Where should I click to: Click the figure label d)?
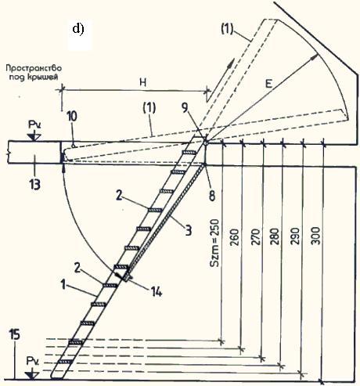tap(78, 29)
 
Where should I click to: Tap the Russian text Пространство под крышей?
tap(34, 73)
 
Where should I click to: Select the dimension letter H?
tap(142, 82)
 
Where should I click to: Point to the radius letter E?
tap(268, 84)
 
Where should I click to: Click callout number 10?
tap(72, 117)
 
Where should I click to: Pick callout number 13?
tap(34, 184)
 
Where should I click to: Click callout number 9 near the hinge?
tap(185, 107)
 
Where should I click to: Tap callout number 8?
tap(212, 196)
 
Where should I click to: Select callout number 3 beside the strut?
tap(189, 231)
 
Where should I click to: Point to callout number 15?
tap(14, 334)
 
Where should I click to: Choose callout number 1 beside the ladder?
tap(63, 284)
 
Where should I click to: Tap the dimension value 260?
tap(235, 237)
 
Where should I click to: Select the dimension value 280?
tap(275, 236)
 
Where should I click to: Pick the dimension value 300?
tap(315, 236)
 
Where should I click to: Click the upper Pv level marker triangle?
tap(34, 137)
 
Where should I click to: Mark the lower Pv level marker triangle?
tap(33, 375)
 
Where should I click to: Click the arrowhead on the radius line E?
tap(315, 56)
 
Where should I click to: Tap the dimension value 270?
tap(256, 236)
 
